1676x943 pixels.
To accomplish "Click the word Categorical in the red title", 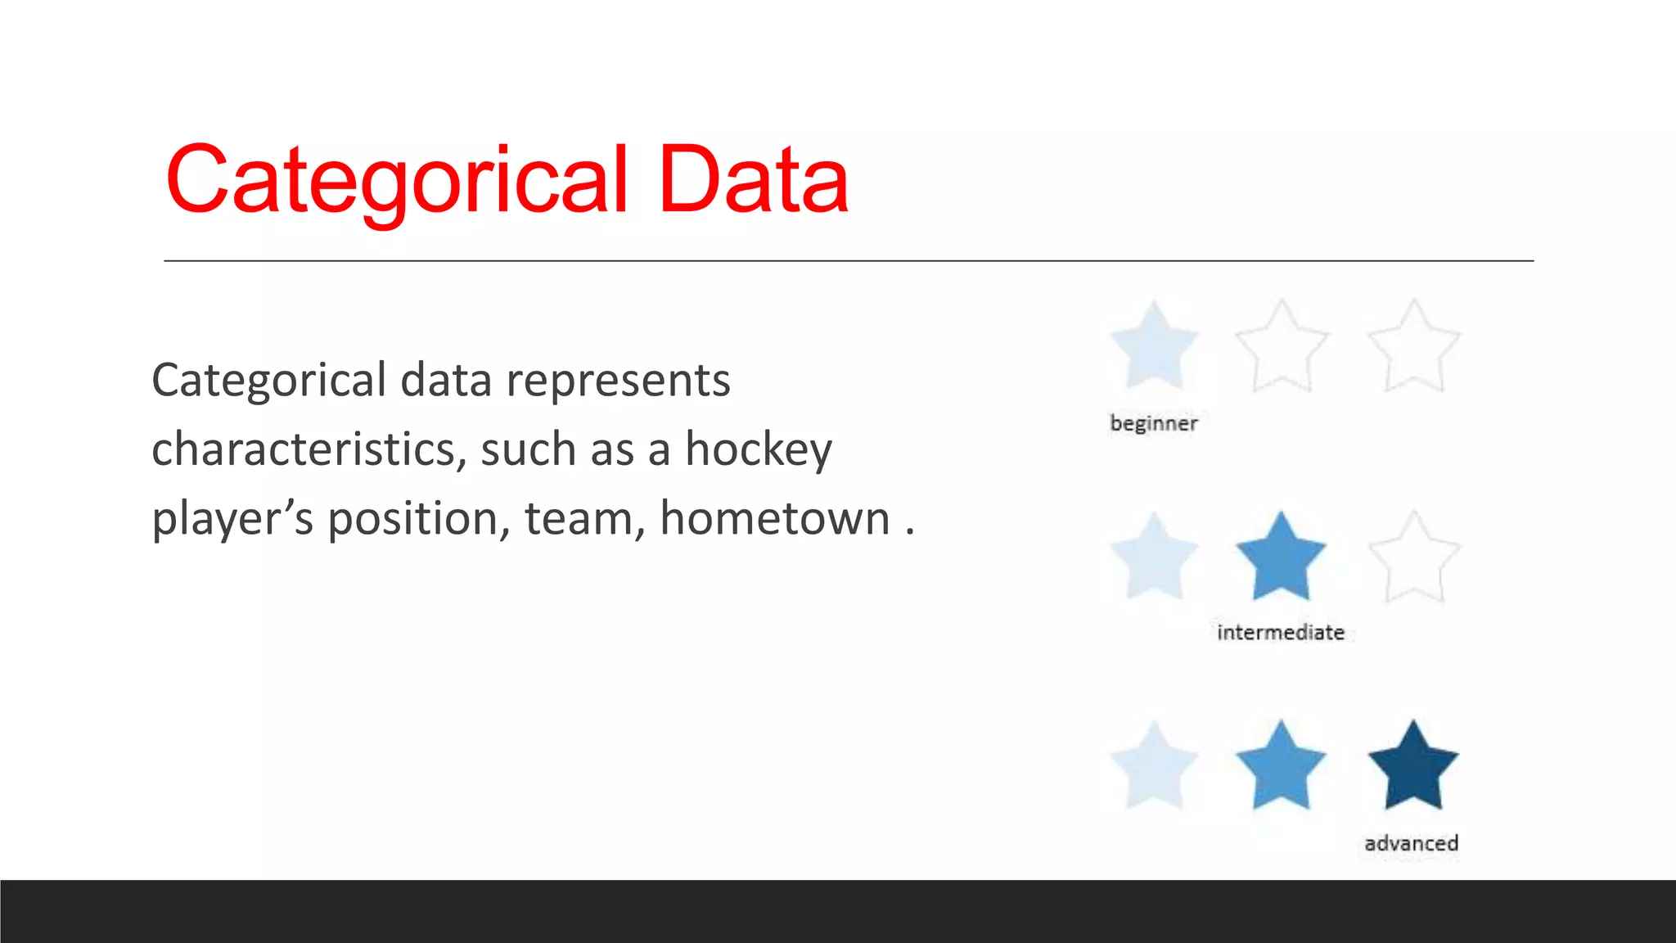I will coord(397,180).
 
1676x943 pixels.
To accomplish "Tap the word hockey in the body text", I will coord(759,449).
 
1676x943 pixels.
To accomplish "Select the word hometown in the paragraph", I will coord(775,519).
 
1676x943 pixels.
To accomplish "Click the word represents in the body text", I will coord(618,381).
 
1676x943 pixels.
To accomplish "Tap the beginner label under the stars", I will coord(1154,423).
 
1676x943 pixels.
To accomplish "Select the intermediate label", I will coord(1281,633).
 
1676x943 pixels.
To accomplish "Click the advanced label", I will coord(1412,843).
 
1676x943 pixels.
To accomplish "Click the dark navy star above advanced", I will coord(1413,768).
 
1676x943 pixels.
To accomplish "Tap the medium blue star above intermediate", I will coord(1281,558).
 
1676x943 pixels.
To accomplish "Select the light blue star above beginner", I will coord(1154,347).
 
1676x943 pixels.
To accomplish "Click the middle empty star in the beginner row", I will coord(1282,349).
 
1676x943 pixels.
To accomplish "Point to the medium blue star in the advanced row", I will coord(1281,768).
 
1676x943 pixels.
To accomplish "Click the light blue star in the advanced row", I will coord(1154,768).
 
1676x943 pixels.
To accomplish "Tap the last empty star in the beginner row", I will coord(1413,349).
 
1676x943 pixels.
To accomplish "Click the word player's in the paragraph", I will coord(232,519).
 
